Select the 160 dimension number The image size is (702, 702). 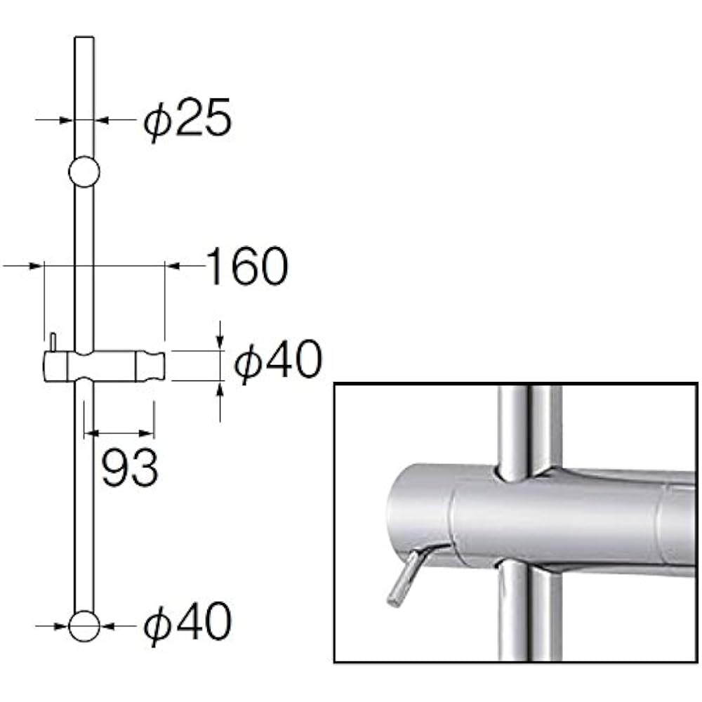click(246, 266)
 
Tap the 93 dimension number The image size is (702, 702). click(130, 468)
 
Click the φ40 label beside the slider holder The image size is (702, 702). click(278, 362)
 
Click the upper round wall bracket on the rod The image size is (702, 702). click(84, 171)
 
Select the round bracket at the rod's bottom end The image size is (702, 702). click(84, 625)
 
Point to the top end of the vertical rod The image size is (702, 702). click(84, 40)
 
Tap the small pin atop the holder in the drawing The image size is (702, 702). click(53, 342)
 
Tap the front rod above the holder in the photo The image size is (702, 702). click(515, 428)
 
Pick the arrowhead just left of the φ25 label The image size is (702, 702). click(101, 120)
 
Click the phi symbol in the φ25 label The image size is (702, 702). click(157, 121)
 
